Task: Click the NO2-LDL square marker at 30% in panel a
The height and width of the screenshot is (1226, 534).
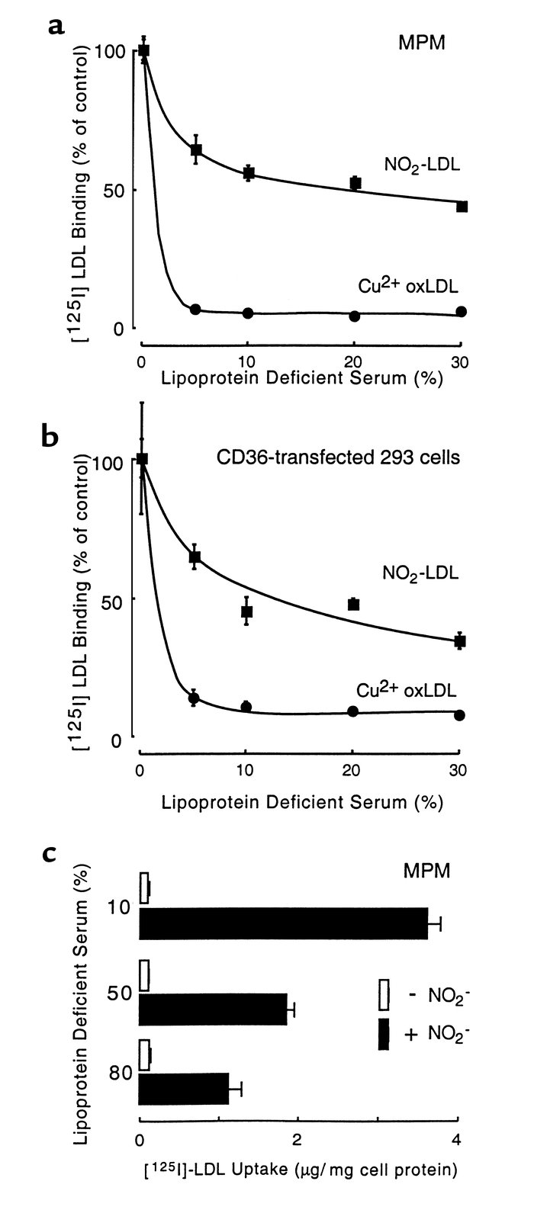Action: (x=462, y=207)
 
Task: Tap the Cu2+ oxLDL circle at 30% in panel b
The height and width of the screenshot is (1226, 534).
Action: (x=459, y=715)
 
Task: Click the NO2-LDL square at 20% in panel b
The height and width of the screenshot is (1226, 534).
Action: (x=353, y=604)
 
